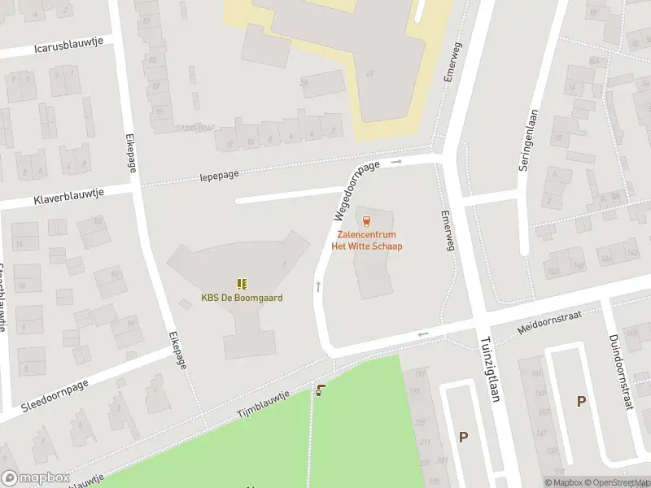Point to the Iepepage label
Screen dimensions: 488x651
(219, 175)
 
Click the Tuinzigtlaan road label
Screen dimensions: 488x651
(489, 368)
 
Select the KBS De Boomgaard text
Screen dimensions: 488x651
(242, 298)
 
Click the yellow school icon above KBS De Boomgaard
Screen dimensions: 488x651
(242, 284)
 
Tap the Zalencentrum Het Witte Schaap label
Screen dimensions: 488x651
(366, 241)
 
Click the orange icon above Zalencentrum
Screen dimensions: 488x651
(366, 220)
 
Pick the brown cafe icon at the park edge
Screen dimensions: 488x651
(321, 390)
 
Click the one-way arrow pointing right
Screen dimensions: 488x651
(396, 162)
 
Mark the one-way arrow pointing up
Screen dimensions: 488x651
(318, 286)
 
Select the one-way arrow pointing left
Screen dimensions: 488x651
(422, 334)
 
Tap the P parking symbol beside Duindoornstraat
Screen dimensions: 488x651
(581, 401)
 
